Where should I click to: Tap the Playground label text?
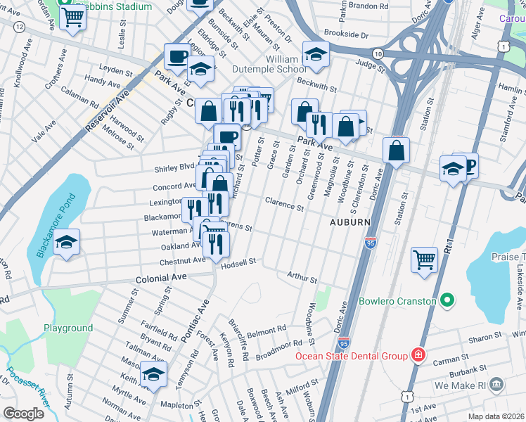point(68,328)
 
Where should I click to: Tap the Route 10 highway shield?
point(378,54)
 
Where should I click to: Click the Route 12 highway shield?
point(18,26)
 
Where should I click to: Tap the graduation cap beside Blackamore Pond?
point(66,243)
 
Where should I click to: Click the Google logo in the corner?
point(23,414)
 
